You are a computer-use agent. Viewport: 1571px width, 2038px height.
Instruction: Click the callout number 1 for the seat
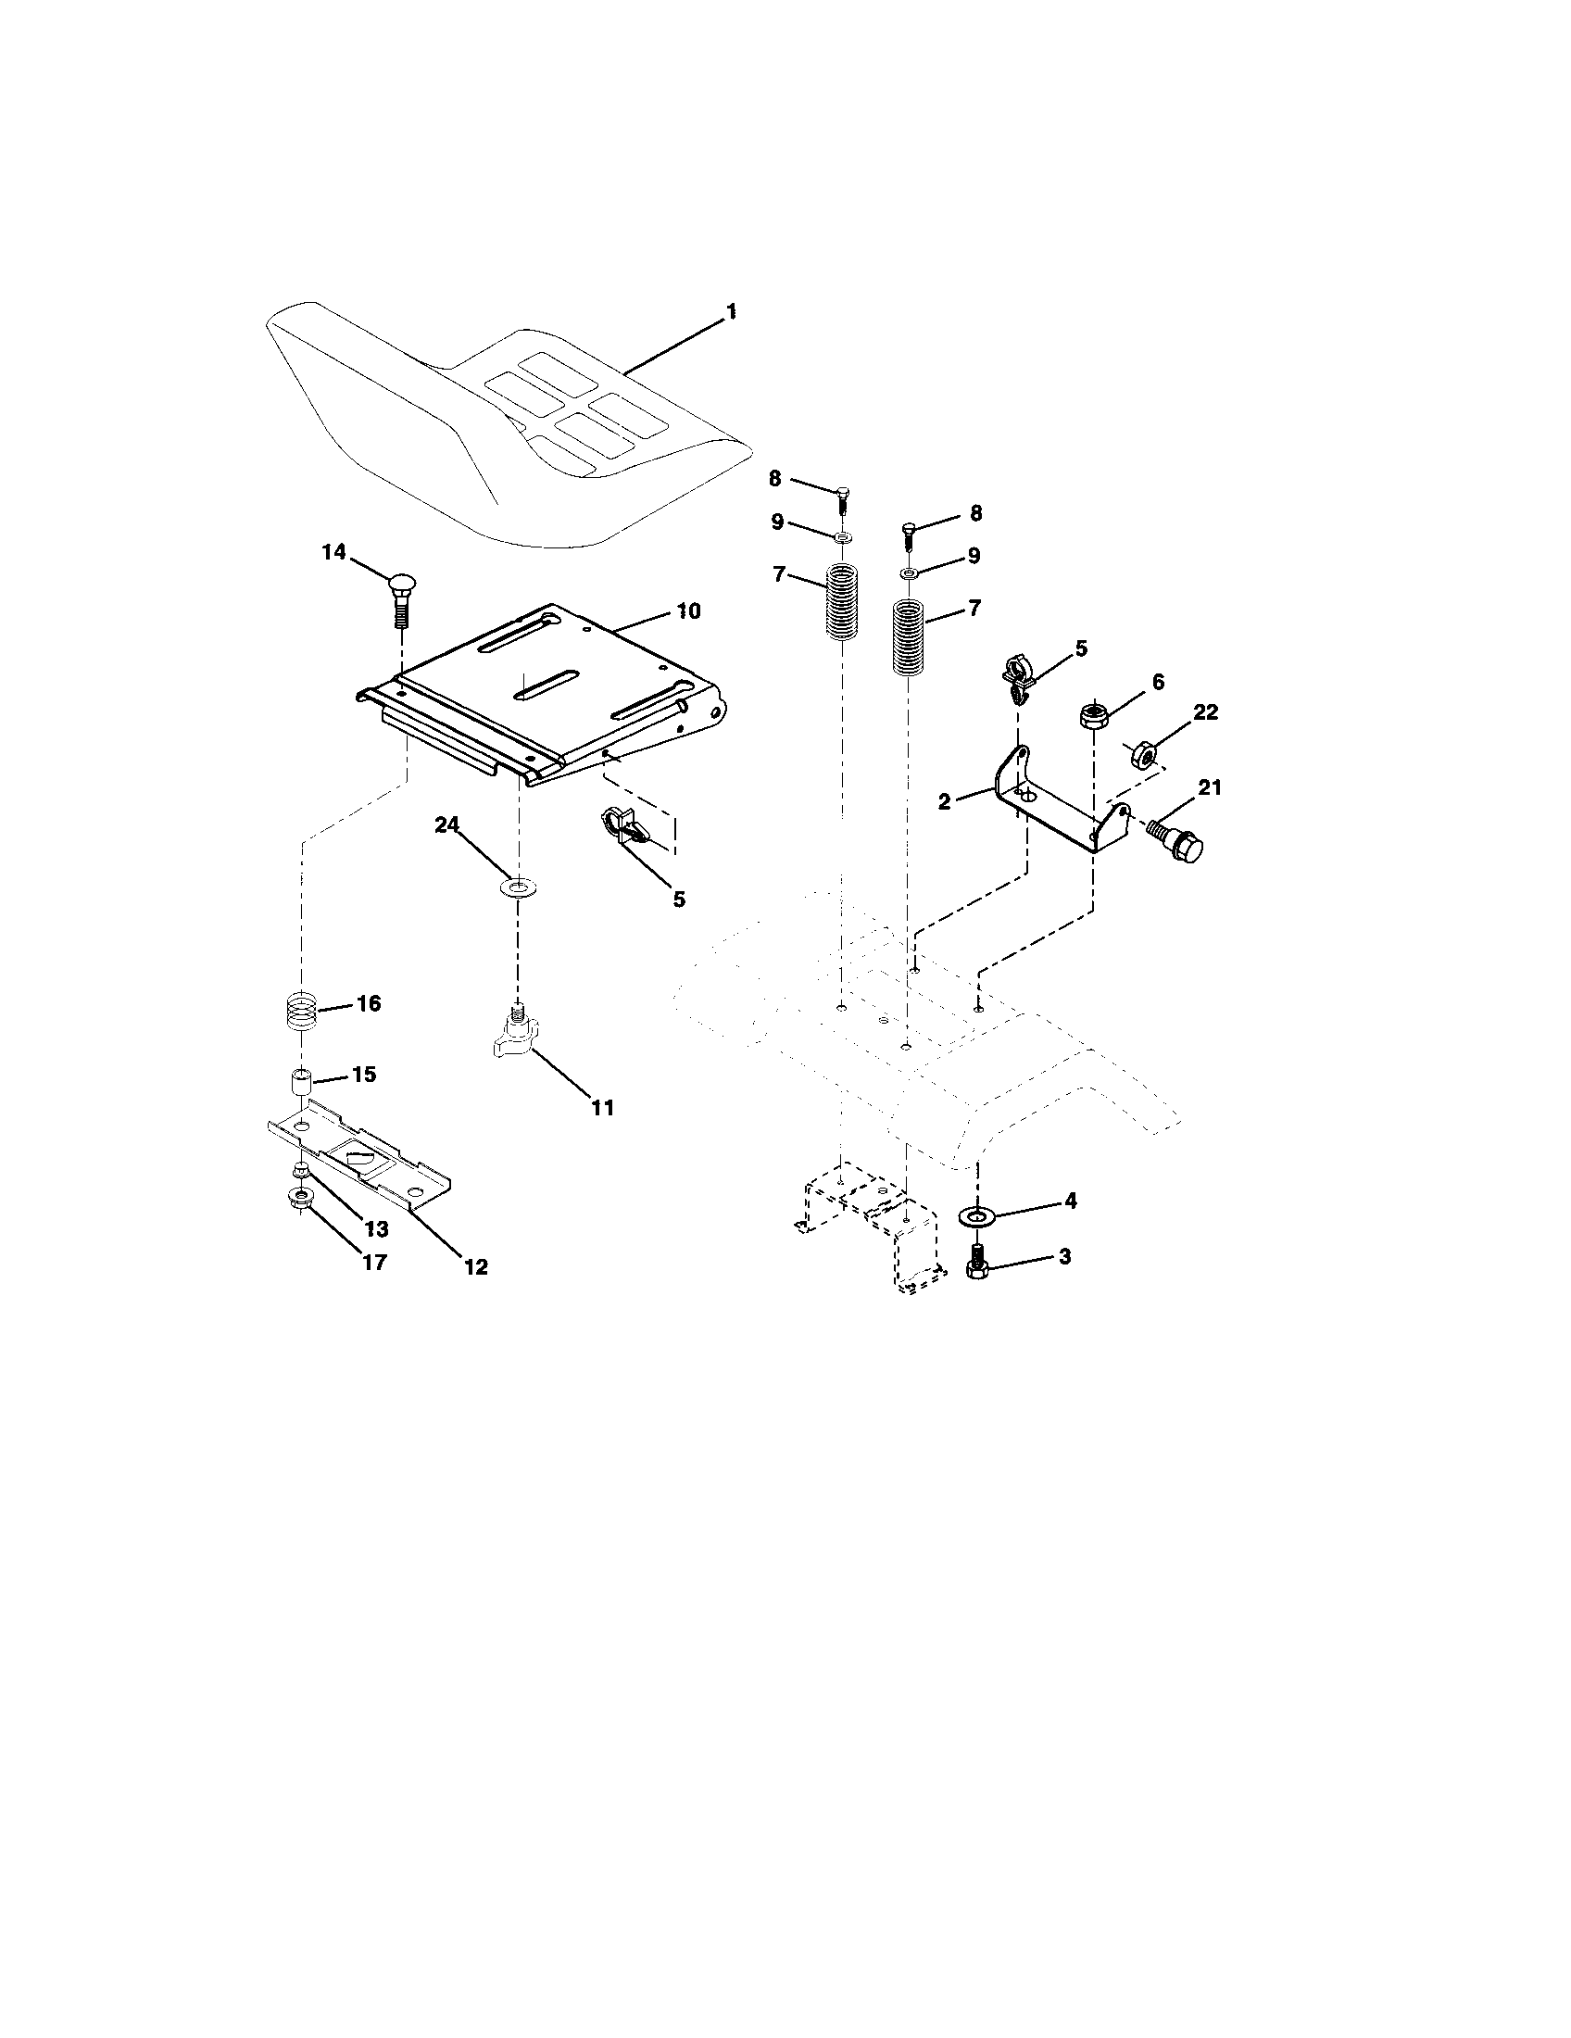(732, 311)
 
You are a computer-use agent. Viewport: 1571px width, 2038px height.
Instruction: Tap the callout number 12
(476, 1266)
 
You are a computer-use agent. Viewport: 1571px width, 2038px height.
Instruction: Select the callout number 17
(373, 1263)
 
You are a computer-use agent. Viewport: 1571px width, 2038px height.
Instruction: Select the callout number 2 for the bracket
(944, 801)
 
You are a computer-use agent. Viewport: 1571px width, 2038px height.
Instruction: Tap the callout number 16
(369, 1004)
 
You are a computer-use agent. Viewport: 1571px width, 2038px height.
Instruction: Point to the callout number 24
(446, 824)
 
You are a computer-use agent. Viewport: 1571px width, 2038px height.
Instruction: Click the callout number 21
(1209, 787)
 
